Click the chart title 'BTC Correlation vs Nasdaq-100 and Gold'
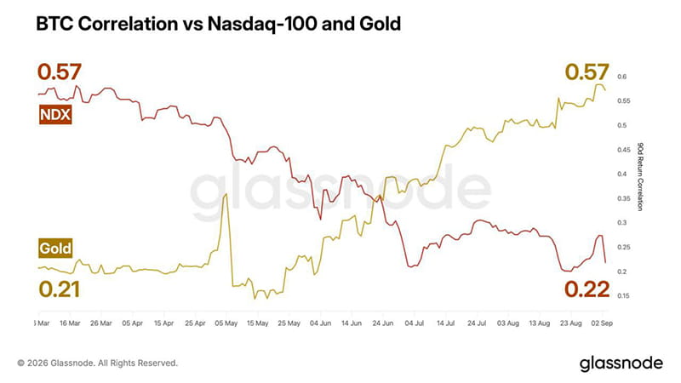tap(218, 24)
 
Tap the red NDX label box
tap(55, 115)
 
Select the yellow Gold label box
tap(55, 248)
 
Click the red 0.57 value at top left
tap(59, 71)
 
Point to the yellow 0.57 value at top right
tap(587, 71)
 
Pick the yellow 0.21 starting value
tap(59, 289)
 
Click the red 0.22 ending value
tap(587, 289)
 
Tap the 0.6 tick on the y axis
tap(622, 77)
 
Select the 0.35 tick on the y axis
tap(623, 198)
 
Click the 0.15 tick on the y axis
tap(623, 295)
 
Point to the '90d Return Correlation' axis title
tap(640, 177)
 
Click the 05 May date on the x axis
tap(226, 323)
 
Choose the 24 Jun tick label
tap(382, 323)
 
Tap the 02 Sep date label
tap(602, 323)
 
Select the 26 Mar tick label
tap(100, 323)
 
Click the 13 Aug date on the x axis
tap(540, 323)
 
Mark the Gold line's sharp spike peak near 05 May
tap(226, 194)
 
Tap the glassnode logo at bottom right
tap(621, 364)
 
